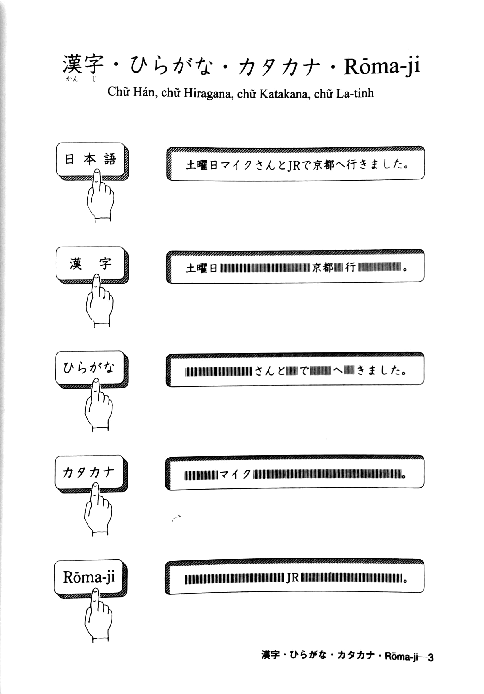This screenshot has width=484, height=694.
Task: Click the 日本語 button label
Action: tap(90, 159)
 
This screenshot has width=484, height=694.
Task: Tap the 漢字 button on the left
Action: tap(90, 264)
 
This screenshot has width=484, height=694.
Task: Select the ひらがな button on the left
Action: tap(90, 368)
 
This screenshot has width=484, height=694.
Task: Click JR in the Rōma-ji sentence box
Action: tap(292, 578)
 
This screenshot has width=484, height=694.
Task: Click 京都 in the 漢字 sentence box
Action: tap(322, 268)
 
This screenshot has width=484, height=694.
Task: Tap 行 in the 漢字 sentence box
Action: tap(350, 268)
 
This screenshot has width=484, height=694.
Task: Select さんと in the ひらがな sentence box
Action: tap(269, 371)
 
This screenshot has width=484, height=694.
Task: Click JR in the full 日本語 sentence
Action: tap(294, 165)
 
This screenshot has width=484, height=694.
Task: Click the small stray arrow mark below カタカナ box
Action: tap(176, 517)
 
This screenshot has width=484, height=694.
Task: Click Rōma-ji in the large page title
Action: tap(382, 66)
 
